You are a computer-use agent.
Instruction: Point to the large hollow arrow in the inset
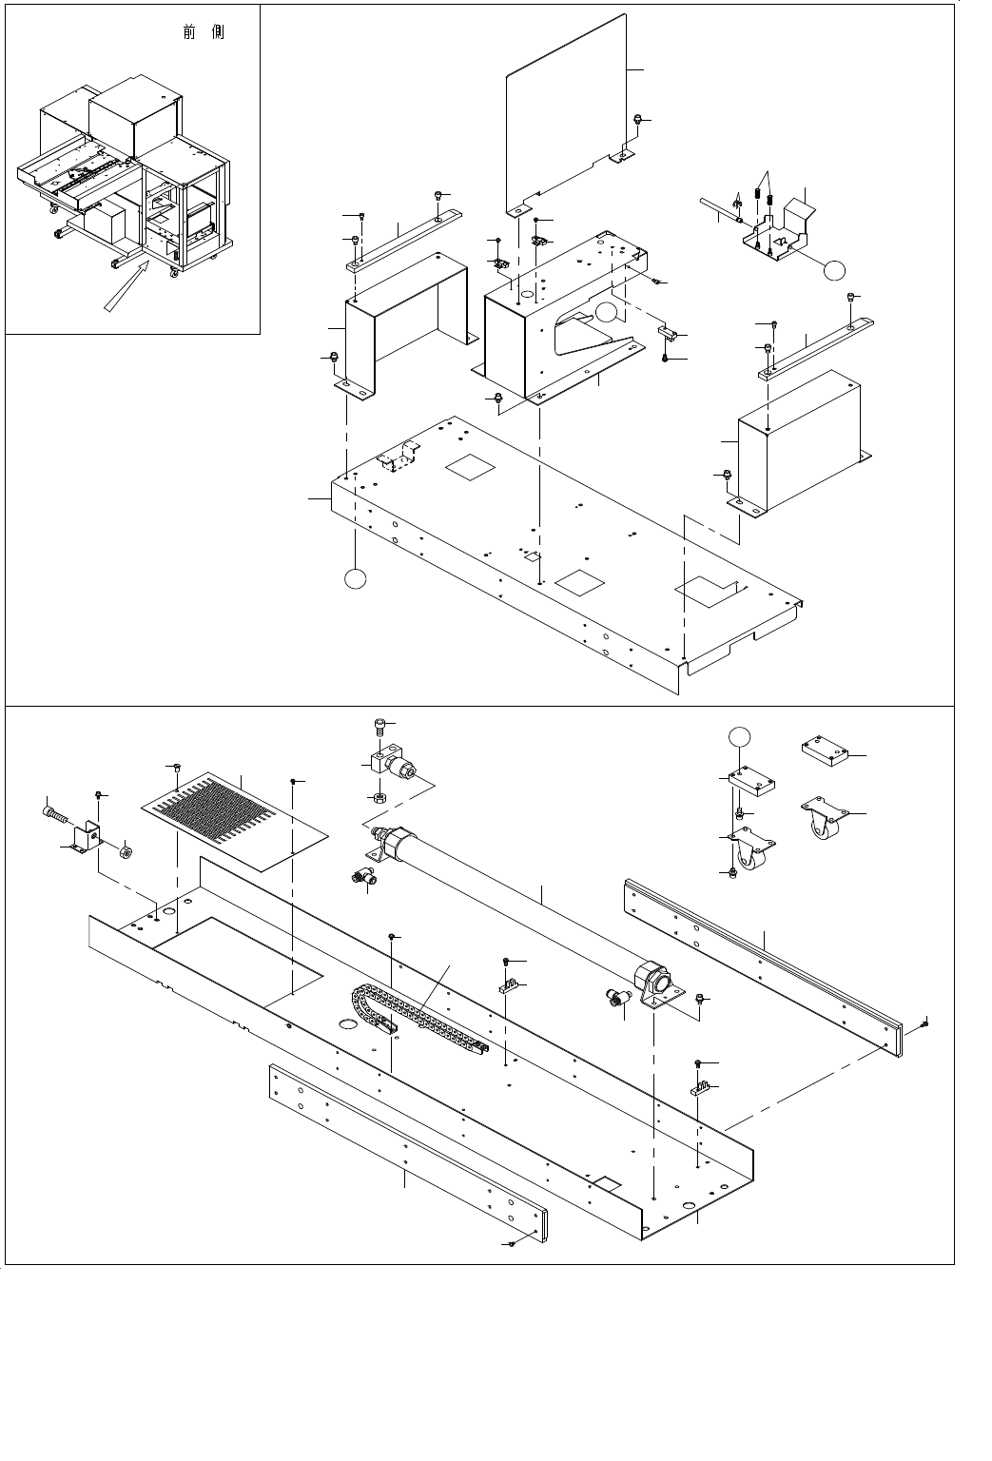(x=127, y=286)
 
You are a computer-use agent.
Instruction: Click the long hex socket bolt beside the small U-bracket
(x=56, y=814)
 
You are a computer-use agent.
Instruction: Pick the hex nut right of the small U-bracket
(x=125, y=848)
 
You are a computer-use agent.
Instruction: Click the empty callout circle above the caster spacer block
(x=739, y=735)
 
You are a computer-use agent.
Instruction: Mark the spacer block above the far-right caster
(x=824, y=752)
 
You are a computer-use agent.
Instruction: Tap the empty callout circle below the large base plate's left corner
(x=354, y=578)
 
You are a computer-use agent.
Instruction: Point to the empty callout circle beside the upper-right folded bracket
(x=833, y=269)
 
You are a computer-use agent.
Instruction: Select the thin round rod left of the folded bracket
(x=720, y=213)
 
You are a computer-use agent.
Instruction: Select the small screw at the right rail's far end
(x=925, y=1023)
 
